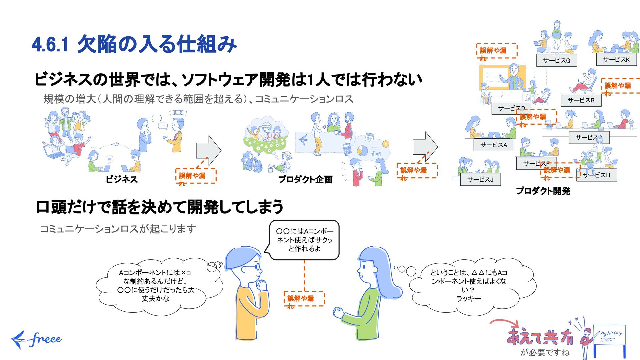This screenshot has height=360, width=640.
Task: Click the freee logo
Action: coord(36,339)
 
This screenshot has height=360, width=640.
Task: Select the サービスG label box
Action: coord(556,60)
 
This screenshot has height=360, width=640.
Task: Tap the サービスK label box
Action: coord(616,60)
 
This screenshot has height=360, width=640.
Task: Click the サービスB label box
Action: coord(581,100)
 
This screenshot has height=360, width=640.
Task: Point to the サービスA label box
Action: coord(493,145)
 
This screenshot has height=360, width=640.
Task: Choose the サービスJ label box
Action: coord(480,180)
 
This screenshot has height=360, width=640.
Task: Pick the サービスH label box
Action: coord(597,175)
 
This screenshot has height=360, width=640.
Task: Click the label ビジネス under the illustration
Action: coord(122,179)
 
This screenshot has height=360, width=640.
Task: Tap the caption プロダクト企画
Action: coord(305,179)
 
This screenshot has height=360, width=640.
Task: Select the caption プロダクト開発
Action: coord(543,191)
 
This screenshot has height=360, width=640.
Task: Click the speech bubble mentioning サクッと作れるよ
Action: coord(304,240)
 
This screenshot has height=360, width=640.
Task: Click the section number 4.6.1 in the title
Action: coord(50,45)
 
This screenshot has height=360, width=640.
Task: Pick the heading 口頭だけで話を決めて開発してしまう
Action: coord(159,207)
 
